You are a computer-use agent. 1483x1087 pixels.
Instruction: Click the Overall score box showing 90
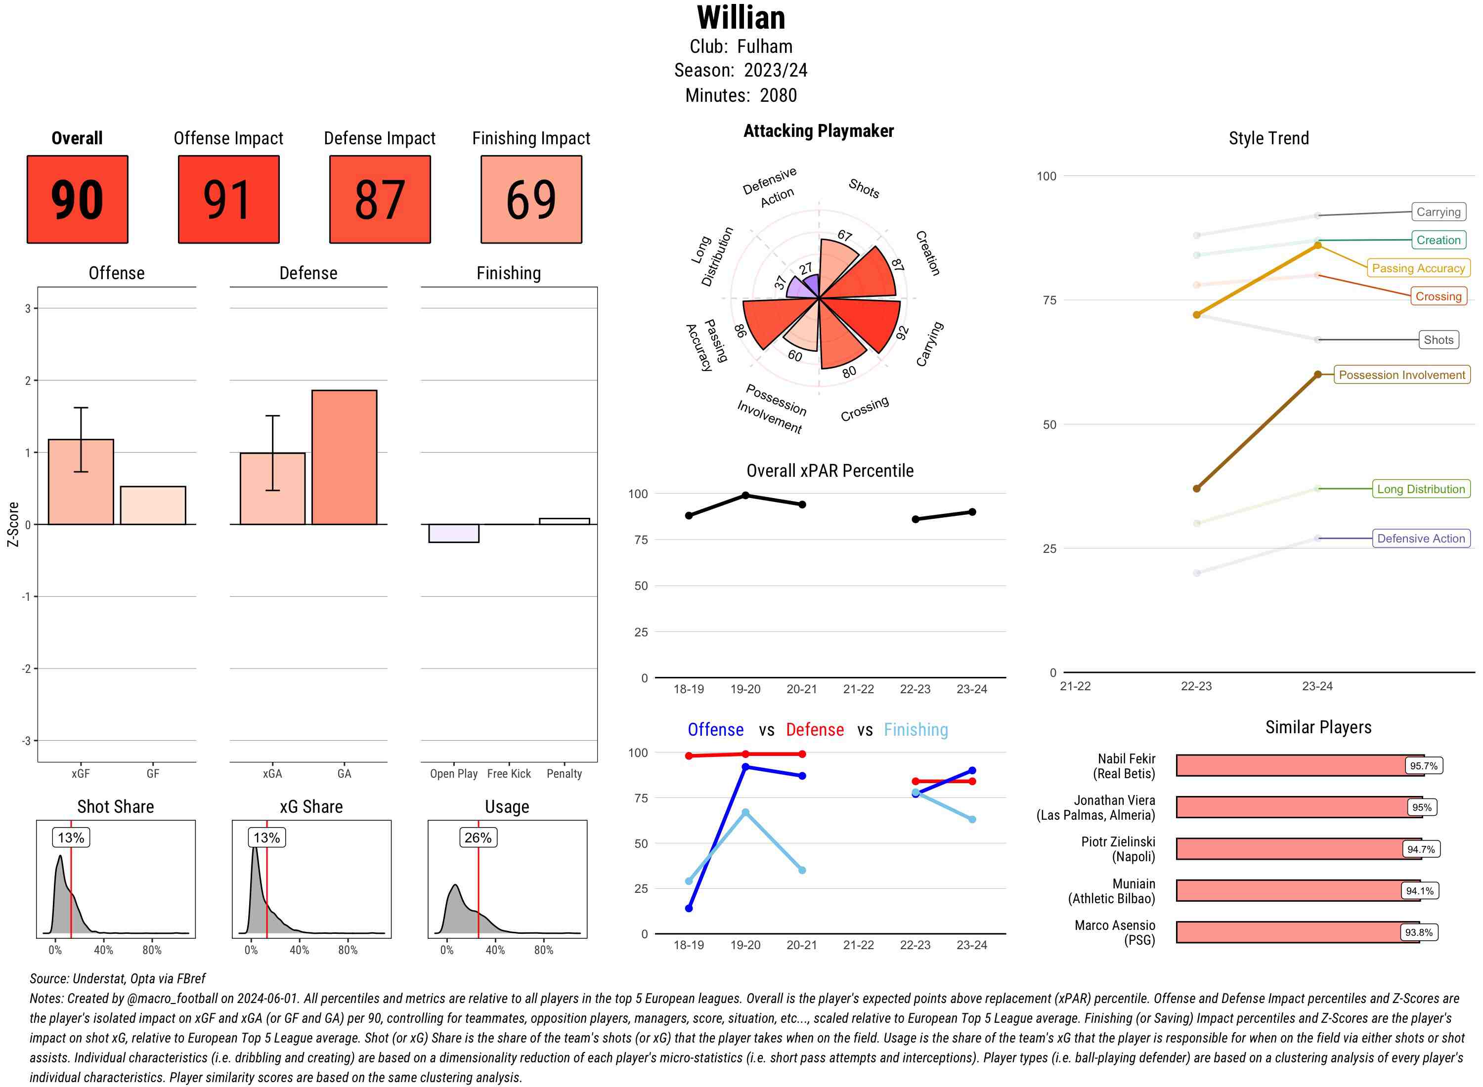click(x=77, y=200)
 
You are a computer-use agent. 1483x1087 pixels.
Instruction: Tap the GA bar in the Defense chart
click(x=344, y=458)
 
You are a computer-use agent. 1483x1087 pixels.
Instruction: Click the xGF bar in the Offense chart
click(x=81, y=482)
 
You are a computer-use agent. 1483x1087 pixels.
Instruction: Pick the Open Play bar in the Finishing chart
click(x=453, y=533)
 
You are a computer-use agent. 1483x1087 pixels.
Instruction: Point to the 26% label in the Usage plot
click(x=478, y=837)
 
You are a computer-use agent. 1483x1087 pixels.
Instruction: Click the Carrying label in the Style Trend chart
click(x=1438, y=212)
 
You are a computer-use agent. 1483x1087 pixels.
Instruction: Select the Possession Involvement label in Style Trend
click(x=1401, y=375)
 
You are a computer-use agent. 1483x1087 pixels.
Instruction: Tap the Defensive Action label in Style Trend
click(x=1421, y=538)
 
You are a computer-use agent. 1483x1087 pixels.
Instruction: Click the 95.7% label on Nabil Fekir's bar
click(x=1423, y=766)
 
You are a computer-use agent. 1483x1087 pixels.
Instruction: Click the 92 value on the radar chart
click(x=903, y=333)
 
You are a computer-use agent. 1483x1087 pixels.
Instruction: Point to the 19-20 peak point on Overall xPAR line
click(x=745, y=495)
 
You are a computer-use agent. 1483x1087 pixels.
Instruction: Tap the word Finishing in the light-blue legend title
click(x=916, y=730)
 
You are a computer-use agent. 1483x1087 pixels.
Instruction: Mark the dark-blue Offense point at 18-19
click(x=689, y=908)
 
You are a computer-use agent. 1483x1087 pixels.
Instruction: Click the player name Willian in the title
click(x=741, y=18)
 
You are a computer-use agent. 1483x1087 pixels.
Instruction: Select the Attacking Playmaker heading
click(x=818, y=131)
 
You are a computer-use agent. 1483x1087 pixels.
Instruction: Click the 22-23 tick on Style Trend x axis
click(x=1196, y=686)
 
